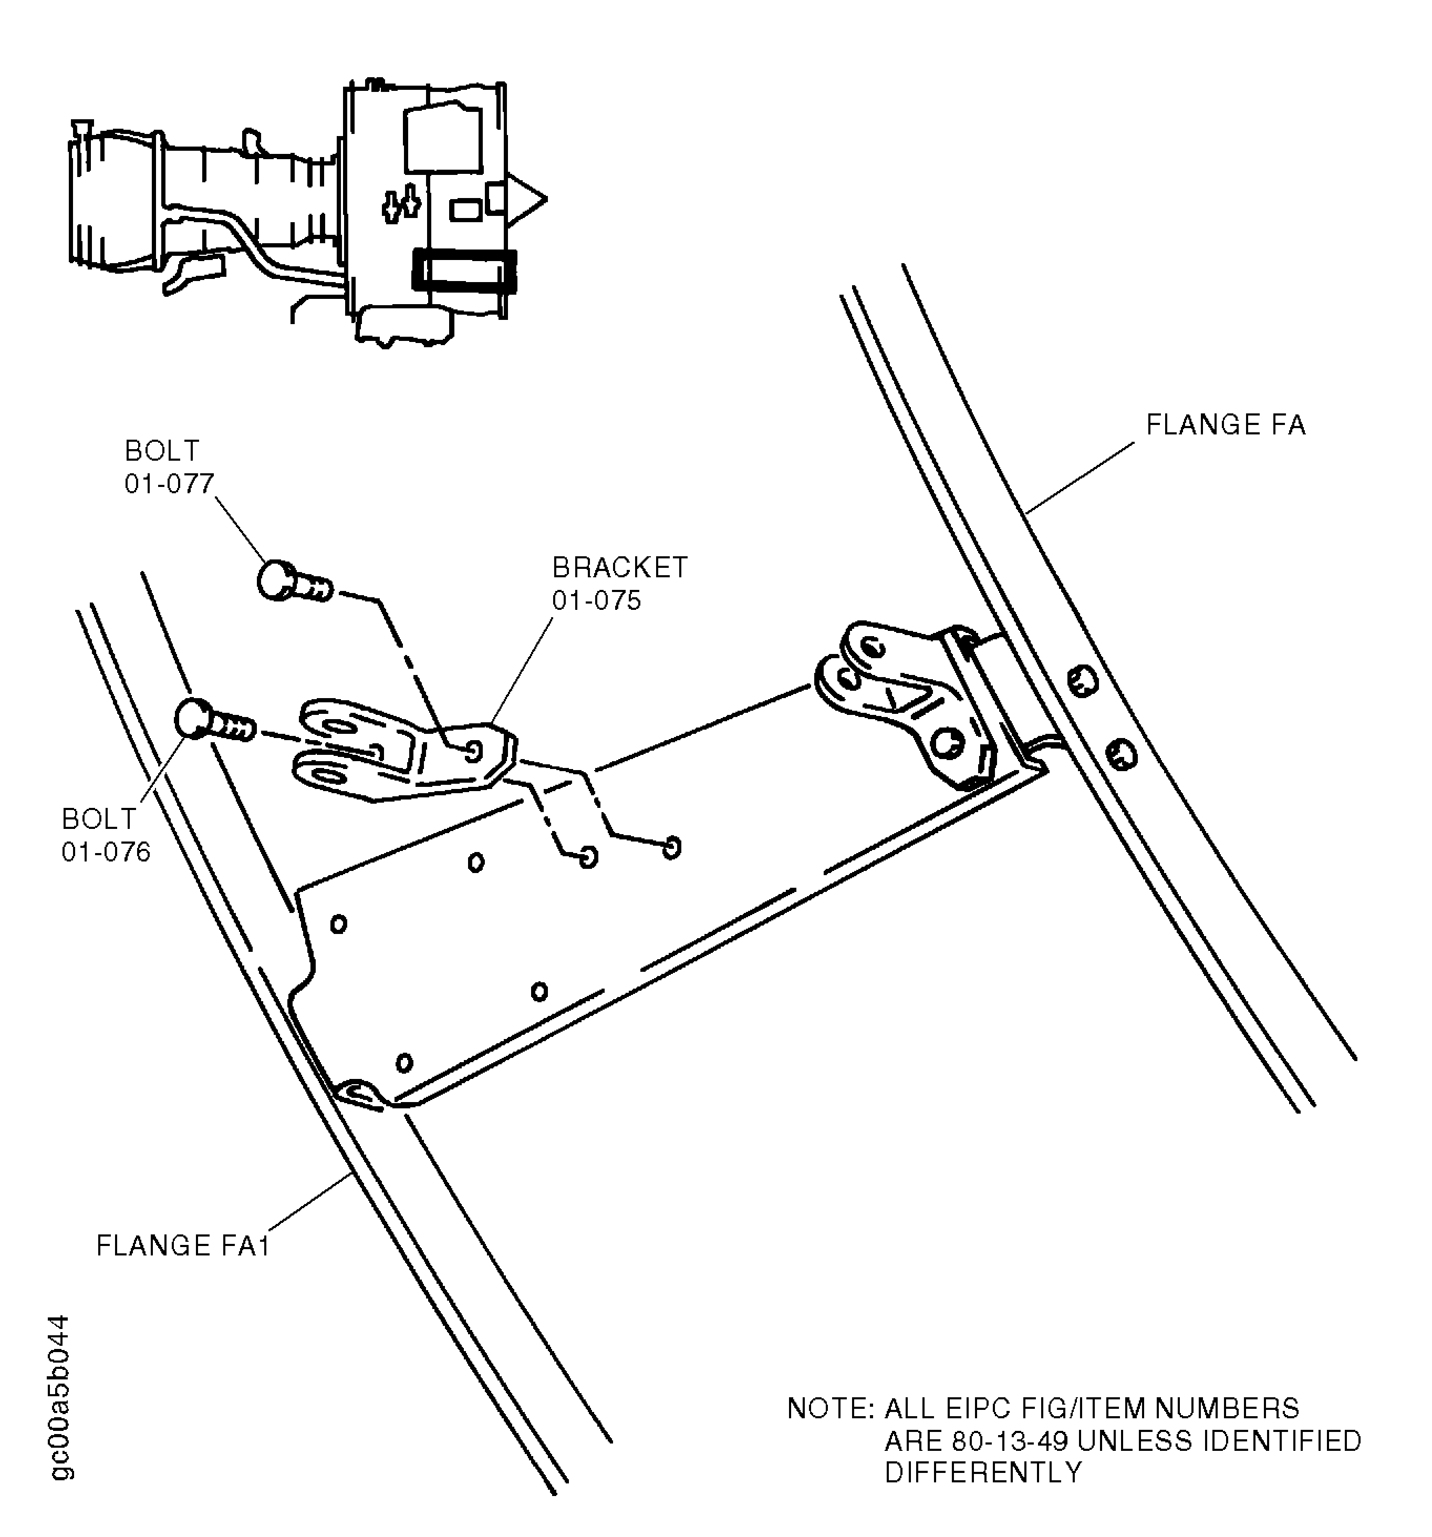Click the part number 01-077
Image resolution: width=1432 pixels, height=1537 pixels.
pos(169,484)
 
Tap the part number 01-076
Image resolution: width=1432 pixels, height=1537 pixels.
pos(106,852)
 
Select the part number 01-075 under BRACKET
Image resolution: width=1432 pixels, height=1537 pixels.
pos(596,601)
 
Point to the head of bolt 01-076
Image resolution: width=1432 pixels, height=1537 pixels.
pos(193,718)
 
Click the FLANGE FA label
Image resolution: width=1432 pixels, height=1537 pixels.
pos(1225,425)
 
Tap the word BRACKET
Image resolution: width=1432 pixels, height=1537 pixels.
pos(619,568)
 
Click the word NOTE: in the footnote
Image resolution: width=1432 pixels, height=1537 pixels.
pos(829,1409)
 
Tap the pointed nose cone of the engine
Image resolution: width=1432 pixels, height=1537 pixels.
pos(529,200)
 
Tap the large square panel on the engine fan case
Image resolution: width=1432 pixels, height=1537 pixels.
pos(442,140)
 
